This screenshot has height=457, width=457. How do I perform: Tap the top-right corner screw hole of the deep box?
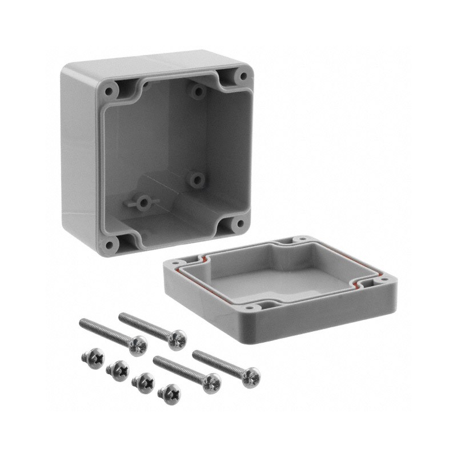[242, 75]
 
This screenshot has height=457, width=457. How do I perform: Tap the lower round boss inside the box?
[197, 180]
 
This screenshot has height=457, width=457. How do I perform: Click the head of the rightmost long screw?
[250, 377]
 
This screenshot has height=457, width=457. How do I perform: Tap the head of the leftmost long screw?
[138, 345]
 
